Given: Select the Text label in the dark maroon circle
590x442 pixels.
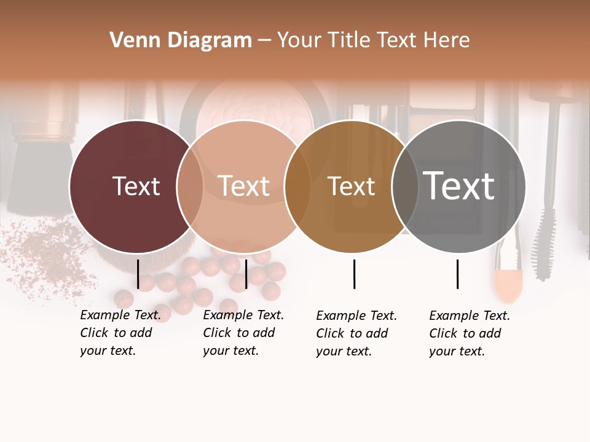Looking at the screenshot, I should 136,186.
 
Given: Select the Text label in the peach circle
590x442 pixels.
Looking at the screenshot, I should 243,186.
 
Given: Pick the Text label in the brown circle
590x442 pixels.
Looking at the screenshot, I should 351,187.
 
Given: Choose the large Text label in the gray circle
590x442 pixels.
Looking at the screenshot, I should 458,185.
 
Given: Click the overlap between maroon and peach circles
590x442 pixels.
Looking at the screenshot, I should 190,187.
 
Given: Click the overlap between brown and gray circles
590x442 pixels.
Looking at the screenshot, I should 404,187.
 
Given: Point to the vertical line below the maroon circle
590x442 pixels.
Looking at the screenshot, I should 138,274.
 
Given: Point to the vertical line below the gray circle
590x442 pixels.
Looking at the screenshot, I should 457,274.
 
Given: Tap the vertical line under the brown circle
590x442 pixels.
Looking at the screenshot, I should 354,274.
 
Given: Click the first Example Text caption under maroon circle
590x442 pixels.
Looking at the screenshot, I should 120,316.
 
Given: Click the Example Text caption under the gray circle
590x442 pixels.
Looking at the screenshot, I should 470,316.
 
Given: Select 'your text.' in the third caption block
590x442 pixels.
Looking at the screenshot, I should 344,352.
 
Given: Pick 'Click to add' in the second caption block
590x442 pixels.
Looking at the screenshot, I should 239,333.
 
